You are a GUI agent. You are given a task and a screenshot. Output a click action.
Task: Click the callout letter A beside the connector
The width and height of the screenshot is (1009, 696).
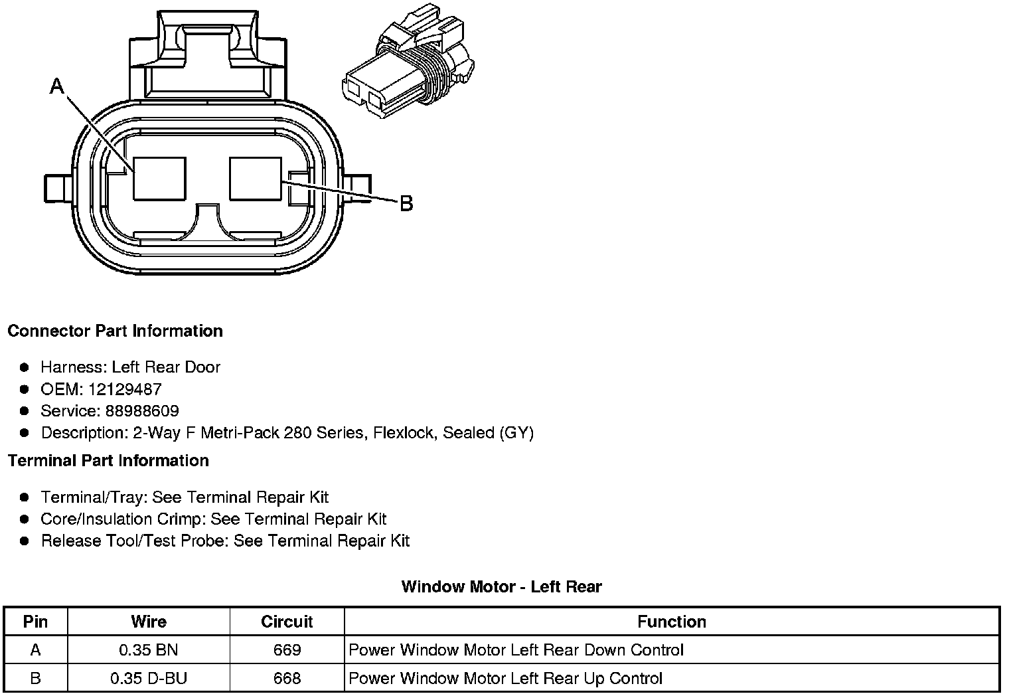click(x=58, y=86)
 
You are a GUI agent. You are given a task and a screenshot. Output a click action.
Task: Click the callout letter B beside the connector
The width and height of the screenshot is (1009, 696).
click(x=406, y=203)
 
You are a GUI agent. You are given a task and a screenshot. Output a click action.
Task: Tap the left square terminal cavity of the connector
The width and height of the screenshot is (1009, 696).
click(x=159, y=178)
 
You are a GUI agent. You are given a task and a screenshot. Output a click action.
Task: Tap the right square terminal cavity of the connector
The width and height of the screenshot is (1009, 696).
click(x=256, y=178)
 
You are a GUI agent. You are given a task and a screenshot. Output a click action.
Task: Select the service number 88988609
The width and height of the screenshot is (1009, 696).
click(x=142, y=411)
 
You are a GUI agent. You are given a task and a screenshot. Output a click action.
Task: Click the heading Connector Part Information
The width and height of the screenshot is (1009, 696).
click(x=115, y=331)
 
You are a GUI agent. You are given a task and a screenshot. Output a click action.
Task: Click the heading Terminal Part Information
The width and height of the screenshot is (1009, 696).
click(x=108, y=460)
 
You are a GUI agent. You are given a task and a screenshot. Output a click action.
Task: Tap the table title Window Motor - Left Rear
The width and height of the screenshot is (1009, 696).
click(x=501, y=586)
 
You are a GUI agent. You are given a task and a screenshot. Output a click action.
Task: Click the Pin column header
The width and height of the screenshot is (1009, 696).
click(x=35, y=622)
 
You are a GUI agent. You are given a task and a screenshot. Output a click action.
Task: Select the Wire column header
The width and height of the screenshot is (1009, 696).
click(x=149, y=622)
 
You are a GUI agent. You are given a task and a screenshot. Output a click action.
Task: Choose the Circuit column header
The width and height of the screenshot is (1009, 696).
click(x=287, y=622)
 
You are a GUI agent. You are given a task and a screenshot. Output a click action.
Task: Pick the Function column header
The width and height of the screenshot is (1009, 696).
click(x=671, y=622)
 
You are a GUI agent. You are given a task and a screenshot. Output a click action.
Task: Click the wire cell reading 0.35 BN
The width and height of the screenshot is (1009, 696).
click(x=149, y=650)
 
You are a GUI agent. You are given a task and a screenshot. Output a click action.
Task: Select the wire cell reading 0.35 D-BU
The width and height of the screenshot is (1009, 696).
click(x=149, y=678)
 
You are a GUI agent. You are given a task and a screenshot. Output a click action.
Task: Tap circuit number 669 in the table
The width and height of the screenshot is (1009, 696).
click(x=287, y=650)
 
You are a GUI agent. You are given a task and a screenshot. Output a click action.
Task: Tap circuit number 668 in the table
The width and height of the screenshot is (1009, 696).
click(x=287, y=678)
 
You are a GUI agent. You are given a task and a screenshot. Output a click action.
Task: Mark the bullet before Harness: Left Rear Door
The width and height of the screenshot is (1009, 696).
click(x=25, y=367)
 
